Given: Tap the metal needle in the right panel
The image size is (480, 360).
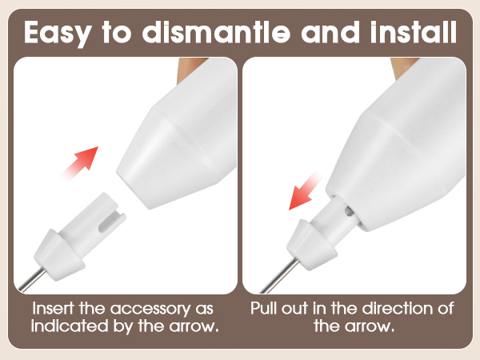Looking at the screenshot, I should point(274,276).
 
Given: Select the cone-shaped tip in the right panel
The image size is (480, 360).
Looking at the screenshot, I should point(305,243).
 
